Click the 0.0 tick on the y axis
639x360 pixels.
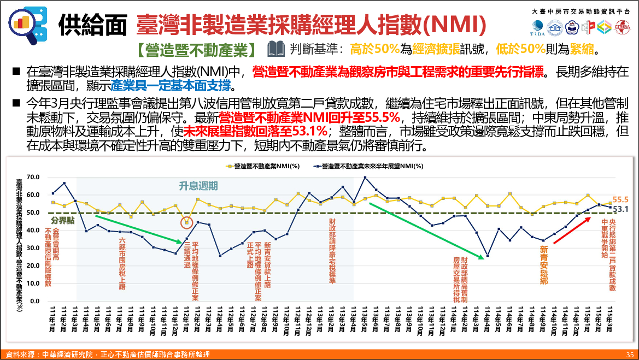pos(34,301)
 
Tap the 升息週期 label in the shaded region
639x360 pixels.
pos(198,186)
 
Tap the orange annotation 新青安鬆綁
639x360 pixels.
pos(543,265)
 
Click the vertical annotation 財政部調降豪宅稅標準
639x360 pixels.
pos(332,251)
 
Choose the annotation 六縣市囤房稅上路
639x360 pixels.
pos(122,262)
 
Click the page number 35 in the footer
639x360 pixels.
pos(629,355)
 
